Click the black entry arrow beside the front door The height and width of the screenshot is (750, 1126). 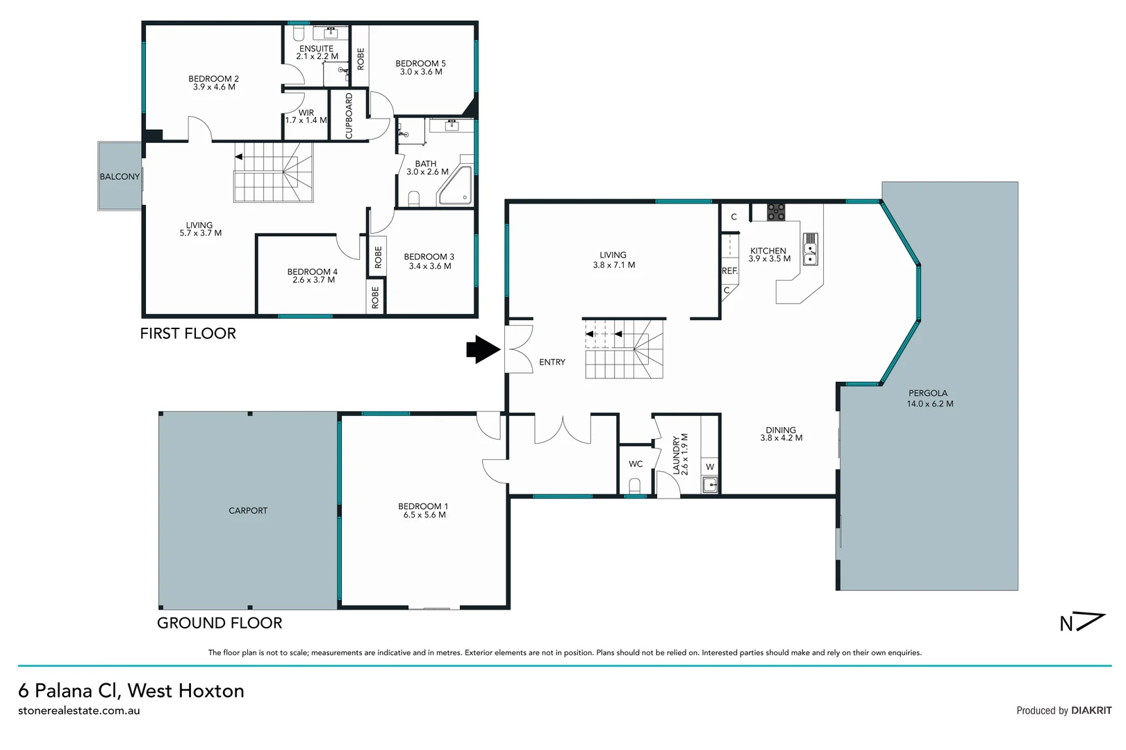(482, 349)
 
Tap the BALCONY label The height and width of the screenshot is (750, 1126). (119, 177)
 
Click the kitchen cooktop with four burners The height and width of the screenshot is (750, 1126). (776, 212)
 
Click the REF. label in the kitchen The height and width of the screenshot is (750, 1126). (729, 272)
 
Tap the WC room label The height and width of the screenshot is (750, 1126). (636, 464)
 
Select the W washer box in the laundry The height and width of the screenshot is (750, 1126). (710, 467)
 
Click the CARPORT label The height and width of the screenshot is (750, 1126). (248, 510)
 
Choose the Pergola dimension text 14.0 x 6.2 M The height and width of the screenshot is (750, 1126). (929, 403)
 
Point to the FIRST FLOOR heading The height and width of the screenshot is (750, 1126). (188, 333)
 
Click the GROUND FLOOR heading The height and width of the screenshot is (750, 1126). (220, 623)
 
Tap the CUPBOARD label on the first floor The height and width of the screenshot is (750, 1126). (349, 115)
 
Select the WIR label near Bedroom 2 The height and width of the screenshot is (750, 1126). (306, 112)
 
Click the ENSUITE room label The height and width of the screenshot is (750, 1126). (316, 49)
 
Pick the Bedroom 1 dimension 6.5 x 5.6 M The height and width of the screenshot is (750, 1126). (424, 515)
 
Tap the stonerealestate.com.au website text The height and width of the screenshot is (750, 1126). (79, 710)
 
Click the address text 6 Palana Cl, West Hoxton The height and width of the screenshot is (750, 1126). (131, 690)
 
